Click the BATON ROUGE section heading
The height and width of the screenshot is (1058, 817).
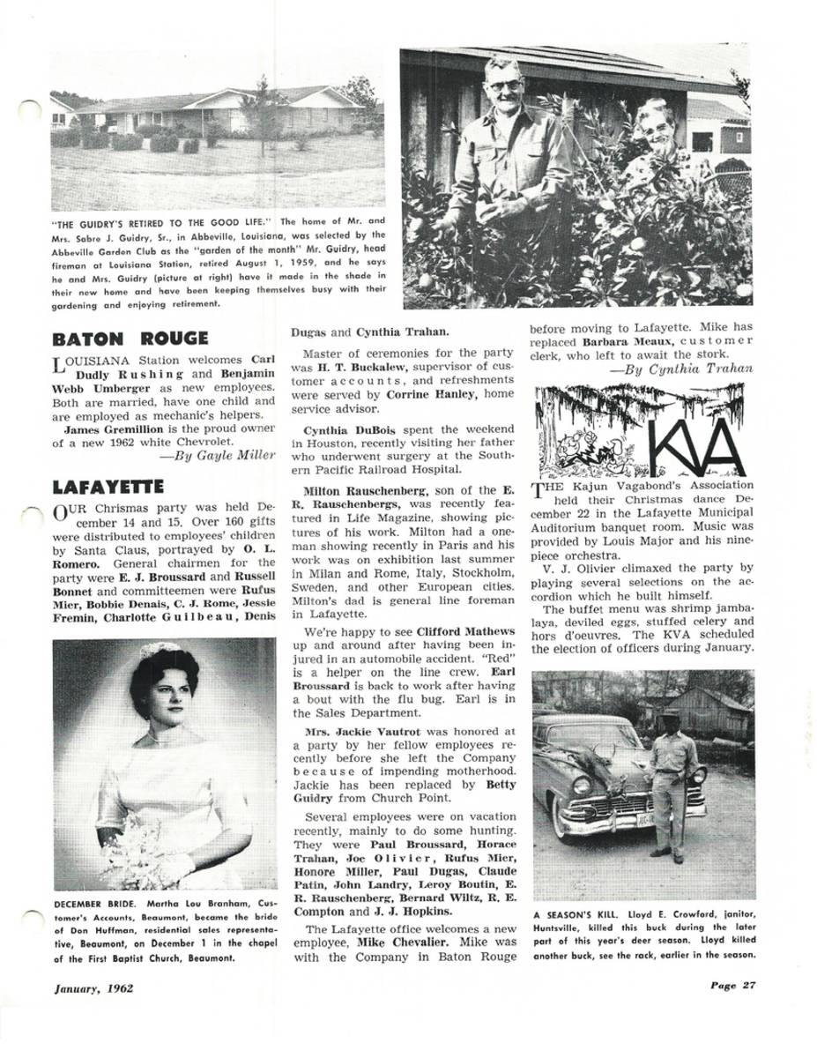coord(130,339)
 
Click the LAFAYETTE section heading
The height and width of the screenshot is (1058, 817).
coord(108,486)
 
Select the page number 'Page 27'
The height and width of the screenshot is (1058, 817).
coord(732,986)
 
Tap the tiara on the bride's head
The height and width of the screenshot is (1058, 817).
coord(159,650)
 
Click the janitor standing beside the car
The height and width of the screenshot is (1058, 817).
coord(672,771)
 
